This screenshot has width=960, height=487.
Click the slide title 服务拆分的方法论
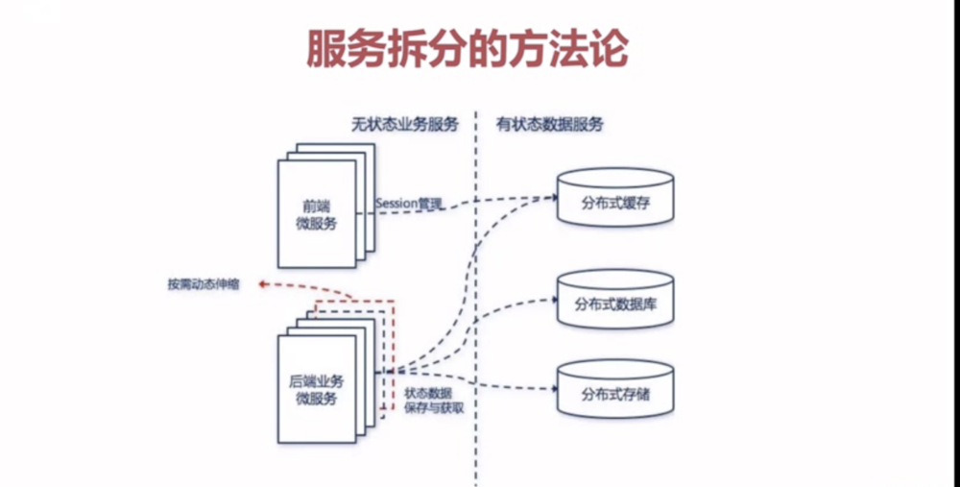[468, 48]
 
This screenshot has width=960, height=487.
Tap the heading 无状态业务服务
[403, 125]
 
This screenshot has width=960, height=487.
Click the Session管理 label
[409, 203]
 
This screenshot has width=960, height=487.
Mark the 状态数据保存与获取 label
[428, 400]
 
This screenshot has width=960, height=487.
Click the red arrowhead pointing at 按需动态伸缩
[262, 284]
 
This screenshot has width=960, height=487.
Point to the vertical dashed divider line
[476, 288]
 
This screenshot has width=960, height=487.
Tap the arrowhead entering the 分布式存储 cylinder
[553, 389]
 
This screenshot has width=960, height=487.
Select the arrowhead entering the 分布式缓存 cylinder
[553, 198]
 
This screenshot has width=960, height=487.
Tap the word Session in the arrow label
[396, 203]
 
